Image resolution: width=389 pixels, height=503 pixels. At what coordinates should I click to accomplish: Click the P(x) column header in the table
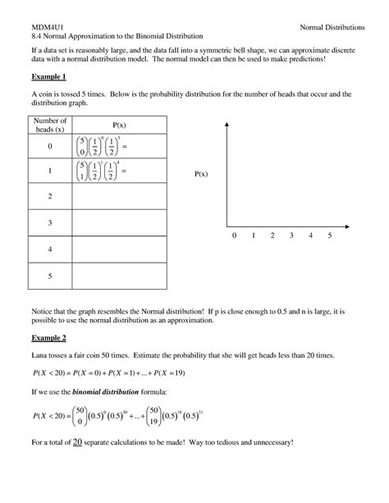[x=120, y=125]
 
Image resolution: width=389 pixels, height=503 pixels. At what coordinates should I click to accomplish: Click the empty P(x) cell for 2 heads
[x=120, y=197]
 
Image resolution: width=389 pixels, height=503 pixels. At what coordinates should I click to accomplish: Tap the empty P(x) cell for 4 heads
[x=120, y=249]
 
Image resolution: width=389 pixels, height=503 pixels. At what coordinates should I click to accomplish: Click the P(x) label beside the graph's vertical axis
[x=202, y=175]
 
